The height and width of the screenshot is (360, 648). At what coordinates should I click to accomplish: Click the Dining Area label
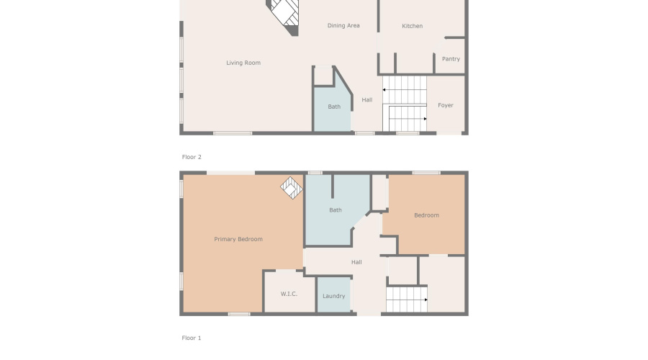coord(343,26)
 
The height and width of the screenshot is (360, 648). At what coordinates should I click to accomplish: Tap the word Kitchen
coord(413,27)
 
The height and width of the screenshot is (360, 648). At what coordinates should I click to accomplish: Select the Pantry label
coord(451,59)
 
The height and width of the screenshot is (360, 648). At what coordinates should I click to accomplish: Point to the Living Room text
coord(243,63)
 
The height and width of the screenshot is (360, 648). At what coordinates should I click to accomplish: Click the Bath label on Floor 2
coord(334,107)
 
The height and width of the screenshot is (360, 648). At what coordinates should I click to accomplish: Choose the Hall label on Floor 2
coord(367,100)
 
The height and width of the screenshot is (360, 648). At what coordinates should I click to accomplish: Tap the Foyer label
coord(446,105)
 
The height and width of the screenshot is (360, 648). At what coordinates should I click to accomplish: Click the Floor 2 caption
coord(192,156)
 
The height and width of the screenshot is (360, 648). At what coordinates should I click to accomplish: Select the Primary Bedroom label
coord(238,239)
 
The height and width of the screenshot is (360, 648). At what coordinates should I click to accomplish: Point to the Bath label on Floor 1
coord(336,210)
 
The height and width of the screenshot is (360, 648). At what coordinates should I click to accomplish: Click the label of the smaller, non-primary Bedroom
coord(426,215)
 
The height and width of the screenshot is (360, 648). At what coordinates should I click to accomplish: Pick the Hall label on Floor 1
coord(356,262)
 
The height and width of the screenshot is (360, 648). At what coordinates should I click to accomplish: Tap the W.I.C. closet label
coord(289,294)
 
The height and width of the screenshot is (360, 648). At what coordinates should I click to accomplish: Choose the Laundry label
coord(334,296)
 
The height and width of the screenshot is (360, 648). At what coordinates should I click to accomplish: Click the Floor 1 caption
coord(192,337)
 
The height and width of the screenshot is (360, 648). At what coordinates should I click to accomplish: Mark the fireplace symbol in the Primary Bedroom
coord(292,188)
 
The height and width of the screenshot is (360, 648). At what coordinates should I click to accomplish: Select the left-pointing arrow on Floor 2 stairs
coord(385,90)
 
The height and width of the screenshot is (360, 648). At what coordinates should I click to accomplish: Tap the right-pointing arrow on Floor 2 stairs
coord(424,119)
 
